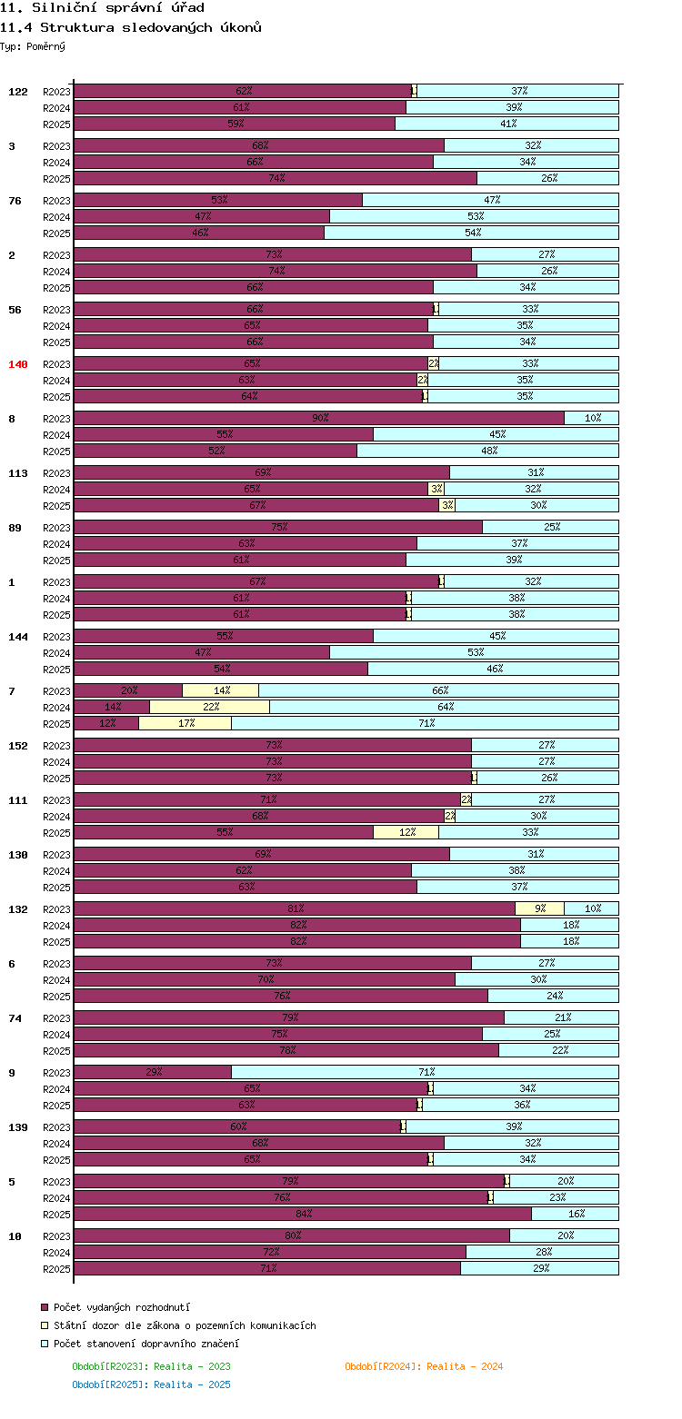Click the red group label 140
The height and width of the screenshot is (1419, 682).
[x=18, y=364]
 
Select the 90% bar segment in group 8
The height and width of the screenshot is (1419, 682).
[x=319, y=418]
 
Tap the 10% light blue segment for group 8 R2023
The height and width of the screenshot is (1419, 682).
[x=592, y=418]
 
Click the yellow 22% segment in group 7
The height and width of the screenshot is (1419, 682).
[x=210, y=707]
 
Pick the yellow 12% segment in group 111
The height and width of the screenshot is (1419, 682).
[x=406, y=832]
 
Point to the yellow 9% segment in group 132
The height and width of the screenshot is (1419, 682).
[x=540, y=908]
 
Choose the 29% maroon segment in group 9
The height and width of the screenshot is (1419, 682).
[x=153, y=1072]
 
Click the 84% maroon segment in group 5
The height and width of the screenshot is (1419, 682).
[x=303, y=1214]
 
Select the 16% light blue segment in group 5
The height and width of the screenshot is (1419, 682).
[x=576, y=1214]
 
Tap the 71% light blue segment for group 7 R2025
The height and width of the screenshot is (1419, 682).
[x=426, y=723]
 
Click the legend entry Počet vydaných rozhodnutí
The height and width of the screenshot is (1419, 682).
[x=122, y=1306]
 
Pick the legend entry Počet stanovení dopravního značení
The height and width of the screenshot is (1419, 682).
[x=146, y=1344]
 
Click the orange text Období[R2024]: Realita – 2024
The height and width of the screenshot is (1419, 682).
[x=424, y=1366]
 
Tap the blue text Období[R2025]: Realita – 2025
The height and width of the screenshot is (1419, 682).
[x=151, y=1384]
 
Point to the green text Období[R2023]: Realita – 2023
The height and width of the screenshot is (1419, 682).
[x=151, y=1366]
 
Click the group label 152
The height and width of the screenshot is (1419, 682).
[x=18, y=746]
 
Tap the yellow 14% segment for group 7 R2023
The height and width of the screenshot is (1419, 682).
[x=221, y=690]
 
